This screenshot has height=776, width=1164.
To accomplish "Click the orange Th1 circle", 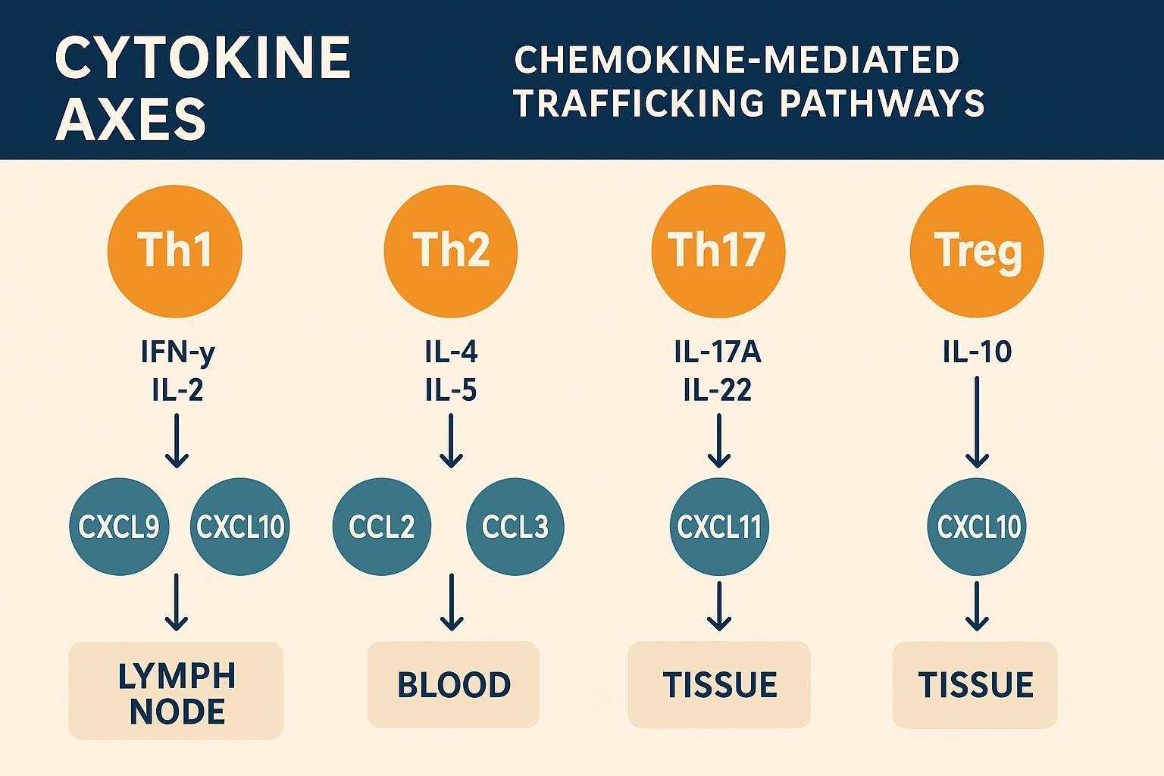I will pos(175,251).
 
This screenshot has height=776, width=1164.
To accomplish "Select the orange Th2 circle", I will pos(451,251).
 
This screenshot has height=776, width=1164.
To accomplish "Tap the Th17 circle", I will pos(718,251).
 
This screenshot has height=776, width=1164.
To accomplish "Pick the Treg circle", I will pos(977,251).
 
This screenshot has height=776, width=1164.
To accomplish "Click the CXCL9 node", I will pos(119,527).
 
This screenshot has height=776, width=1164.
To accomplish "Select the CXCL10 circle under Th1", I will pos(240,527).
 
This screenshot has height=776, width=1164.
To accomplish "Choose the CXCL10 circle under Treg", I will pos(978,527).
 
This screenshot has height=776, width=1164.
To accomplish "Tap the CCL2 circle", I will pos(382,527).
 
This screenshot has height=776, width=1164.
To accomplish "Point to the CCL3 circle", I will pos(515,527).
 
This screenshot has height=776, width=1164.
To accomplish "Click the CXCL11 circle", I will pos(719,527).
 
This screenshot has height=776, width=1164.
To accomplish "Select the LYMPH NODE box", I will pos(176,690).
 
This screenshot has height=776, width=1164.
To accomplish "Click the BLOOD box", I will pos(453,684).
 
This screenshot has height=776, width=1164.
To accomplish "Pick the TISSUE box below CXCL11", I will pos(719,684).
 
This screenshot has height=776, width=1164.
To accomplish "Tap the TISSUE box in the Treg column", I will pos(975,684).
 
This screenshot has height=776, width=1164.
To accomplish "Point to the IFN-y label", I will pos(177,352).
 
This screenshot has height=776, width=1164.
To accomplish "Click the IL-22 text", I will pos(717,390).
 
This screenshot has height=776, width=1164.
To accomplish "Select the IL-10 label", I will pos(977,352).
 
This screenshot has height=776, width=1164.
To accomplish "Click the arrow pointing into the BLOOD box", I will pos(452,602).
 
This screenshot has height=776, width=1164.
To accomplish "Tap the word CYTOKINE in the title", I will pos(203,59).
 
